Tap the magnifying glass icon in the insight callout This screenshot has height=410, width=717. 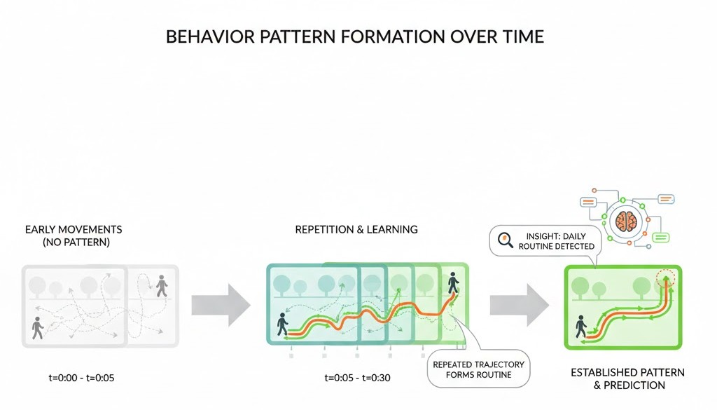[x=505, y=240]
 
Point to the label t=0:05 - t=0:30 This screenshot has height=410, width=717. [x=357, y=378]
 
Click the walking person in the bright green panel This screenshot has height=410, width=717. [x=581, y=327]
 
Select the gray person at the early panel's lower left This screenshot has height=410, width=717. [x=37, y=327]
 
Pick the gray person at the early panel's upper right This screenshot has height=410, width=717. [x=162, y=285]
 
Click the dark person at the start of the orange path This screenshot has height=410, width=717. [x=282, y=324]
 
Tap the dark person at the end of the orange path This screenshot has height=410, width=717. [x=453, y=283]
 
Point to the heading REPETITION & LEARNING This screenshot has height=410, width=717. [x=356, y=229]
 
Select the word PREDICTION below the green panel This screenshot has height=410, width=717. [x=636, y=385]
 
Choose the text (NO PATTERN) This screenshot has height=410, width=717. [x=74, y=242]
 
